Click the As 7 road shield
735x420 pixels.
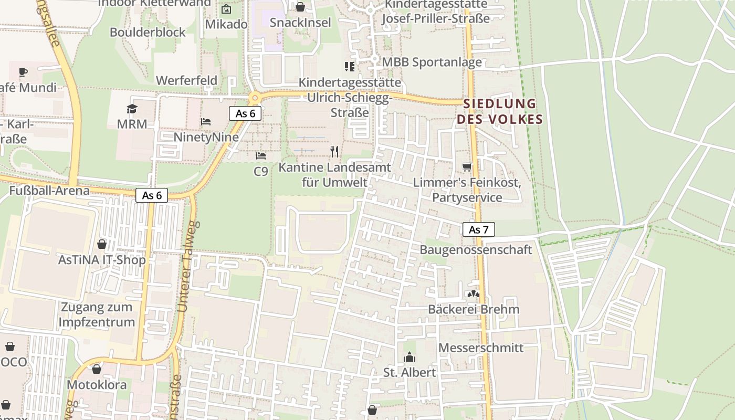[478, 229]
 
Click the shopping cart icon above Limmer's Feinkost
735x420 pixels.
[467, 167]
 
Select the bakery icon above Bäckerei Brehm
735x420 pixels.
[474, 294]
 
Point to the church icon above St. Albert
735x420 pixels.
[409, 358]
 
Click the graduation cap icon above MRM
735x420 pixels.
[131, 109]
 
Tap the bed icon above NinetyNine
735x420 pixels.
[206, 122]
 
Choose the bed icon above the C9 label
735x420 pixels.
[260, 155]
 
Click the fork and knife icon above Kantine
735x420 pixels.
[334, 152]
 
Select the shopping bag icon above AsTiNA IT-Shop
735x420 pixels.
[102, 244]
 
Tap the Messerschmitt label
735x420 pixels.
[480, 348]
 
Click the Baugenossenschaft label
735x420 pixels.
[476, 249]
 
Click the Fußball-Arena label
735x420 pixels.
[49, 190]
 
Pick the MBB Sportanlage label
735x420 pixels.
[432, 62]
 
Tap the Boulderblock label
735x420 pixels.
[148, 32]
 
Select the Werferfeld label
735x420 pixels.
[186, 80]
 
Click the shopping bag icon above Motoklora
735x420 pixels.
[97, 369]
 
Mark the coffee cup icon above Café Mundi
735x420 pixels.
[23, 72]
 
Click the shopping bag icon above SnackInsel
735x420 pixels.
[300, 7]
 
